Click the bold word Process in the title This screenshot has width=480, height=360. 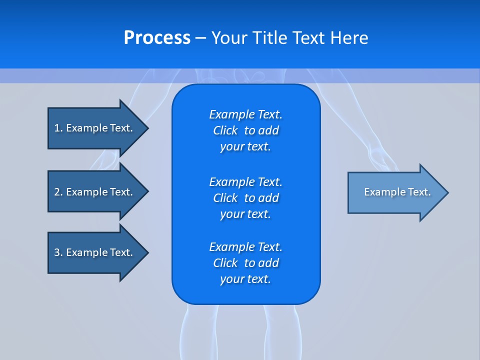point(157,38)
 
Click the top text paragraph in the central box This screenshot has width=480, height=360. point(245,130)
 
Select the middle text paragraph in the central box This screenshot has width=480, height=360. point(245,197)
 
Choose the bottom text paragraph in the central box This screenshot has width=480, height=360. point(245,263)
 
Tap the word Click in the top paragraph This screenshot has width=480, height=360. point(225,130)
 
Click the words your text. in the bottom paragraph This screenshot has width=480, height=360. point(245,279)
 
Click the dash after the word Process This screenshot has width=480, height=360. point(200,38)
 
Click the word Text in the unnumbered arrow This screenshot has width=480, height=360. point(419,192)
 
